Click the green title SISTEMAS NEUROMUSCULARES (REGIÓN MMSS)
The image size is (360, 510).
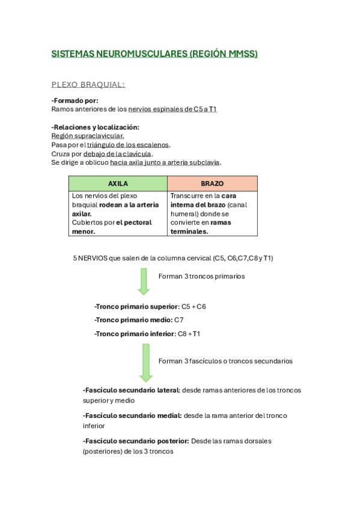154,54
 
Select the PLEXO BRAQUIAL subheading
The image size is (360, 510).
88,84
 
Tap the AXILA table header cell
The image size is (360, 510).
118,183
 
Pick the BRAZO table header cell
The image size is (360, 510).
212,183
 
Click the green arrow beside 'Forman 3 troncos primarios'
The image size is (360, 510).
144,281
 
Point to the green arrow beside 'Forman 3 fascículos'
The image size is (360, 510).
146,363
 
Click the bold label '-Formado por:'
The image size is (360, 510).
75,100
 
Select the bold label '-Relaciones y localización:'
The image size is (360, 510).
95,127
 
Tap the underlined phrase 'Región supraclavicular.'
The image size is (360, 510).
88,136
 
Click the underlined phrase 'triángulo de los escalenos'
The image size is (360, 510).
128,145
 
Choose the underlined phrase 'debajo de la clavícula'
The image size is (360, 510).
117,153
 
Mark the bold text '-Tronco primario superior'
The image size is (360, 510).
136,306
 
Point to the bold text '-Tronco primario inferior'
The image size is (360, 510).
135,333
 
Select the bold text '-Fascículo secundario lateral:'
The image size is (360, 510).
131,390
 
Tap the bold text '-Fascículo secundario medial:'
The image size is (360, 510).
132,416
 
